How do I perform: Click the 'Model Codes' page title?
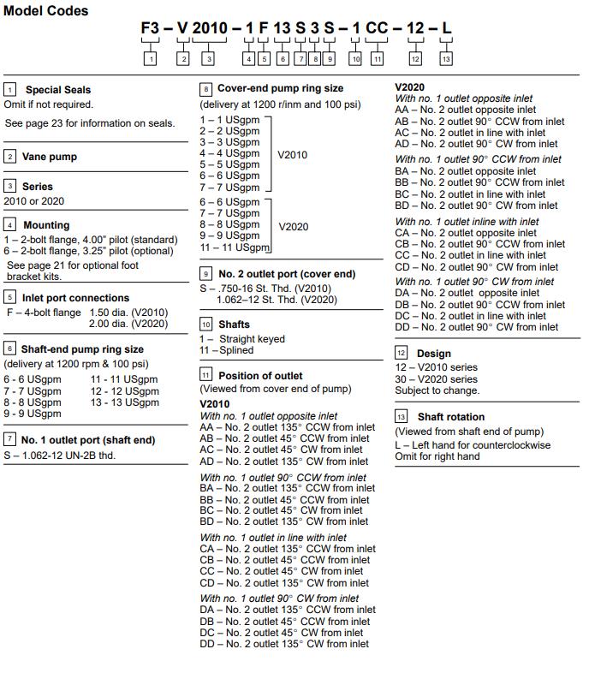[45, 11]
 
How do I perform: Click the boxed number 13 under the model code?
[446, 59]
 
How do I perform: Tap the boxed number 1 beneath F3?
[151, 59]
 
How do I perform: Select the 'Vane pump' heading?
[49, 157]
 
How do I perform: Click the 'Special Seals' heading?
[57, 89]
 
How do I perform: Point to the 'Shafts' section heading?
[234, 325]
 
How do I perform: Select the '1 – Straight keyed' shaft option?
[242, 339]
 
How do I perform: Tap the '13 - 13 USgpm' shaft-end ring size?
[124, 402]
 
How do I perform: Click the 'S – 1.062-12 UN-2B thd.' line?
[60, 455]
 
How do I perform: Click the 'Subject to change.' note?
[437, 390]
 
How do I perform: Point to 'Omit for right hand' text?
[437, 456]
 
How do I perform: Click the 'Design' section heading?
[433, 353]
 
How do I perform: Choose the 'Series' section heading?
[37, 186]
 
